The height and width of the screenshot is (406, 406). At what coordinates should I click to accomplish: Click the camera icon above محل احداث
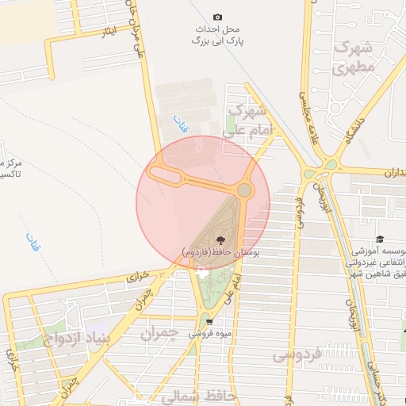click(x=218, y=17)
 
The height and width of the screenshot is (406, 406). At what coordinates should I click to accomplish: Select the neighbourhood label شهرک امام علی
click(x=249, y=118)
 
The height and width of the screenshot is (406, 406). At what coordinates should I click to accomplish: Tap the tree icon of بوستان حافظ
click(x=220, y=238)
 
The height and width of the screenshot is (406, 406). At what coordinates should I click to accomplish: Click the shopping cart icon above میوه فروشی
click(x=209, y=321)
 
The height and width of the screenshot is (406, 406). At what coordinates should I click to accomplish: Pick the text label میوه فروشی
click(x=209, y=334)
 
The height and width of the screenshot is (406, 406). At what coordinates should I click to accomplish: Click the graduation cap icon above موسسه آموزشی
click(x=380, y=239)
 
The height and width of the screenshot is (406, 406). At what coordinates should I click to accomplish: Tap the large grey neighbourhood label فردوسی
click(x=297, y=354)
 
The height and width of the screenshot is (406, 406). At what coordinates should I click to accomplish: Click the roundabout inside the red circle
click(x=244, y=190)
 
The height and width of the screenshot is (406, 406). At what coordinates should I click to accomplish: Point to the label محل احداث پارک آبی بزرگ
click(x=218, y=34)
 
